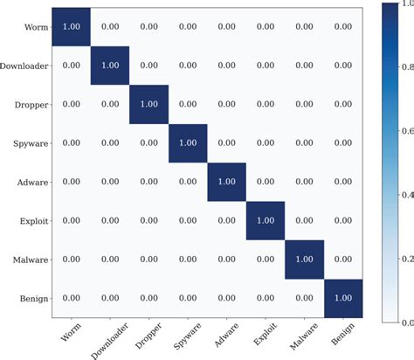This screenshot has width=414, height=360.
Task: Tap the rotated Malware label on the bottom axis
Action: pos(301,335)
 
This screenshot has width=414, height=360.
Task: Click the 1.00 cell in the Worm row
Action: pos(72,26)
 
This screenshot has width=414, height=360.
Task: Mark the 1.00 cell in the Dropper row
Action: pos(149,104)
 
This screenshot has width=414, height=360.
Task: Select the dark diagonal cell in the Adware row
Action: pos(227,182)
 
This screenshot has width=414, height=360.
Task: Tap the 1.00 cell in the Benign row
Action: pos(343,298)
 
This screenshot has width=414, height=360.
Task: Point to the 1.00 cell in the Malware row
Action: pos(304,260)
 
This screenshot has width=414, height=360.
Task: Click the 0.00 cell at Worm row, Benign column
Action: pos(343,26)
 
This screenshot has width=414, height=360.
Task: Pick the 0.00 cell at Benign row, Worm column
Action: pos(72,298)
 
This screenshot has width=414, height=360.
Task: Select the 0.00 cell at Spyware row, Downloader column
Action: pos(110,142)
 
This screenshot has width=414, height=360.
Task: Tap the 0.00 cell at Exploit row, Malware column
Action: pos(304,220)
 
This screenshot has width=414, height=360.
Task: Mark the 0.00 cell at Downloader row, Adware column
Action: pos(227,66)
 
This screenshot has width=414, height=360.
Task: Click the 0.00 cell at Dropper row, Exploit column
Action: pos(266,104)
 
